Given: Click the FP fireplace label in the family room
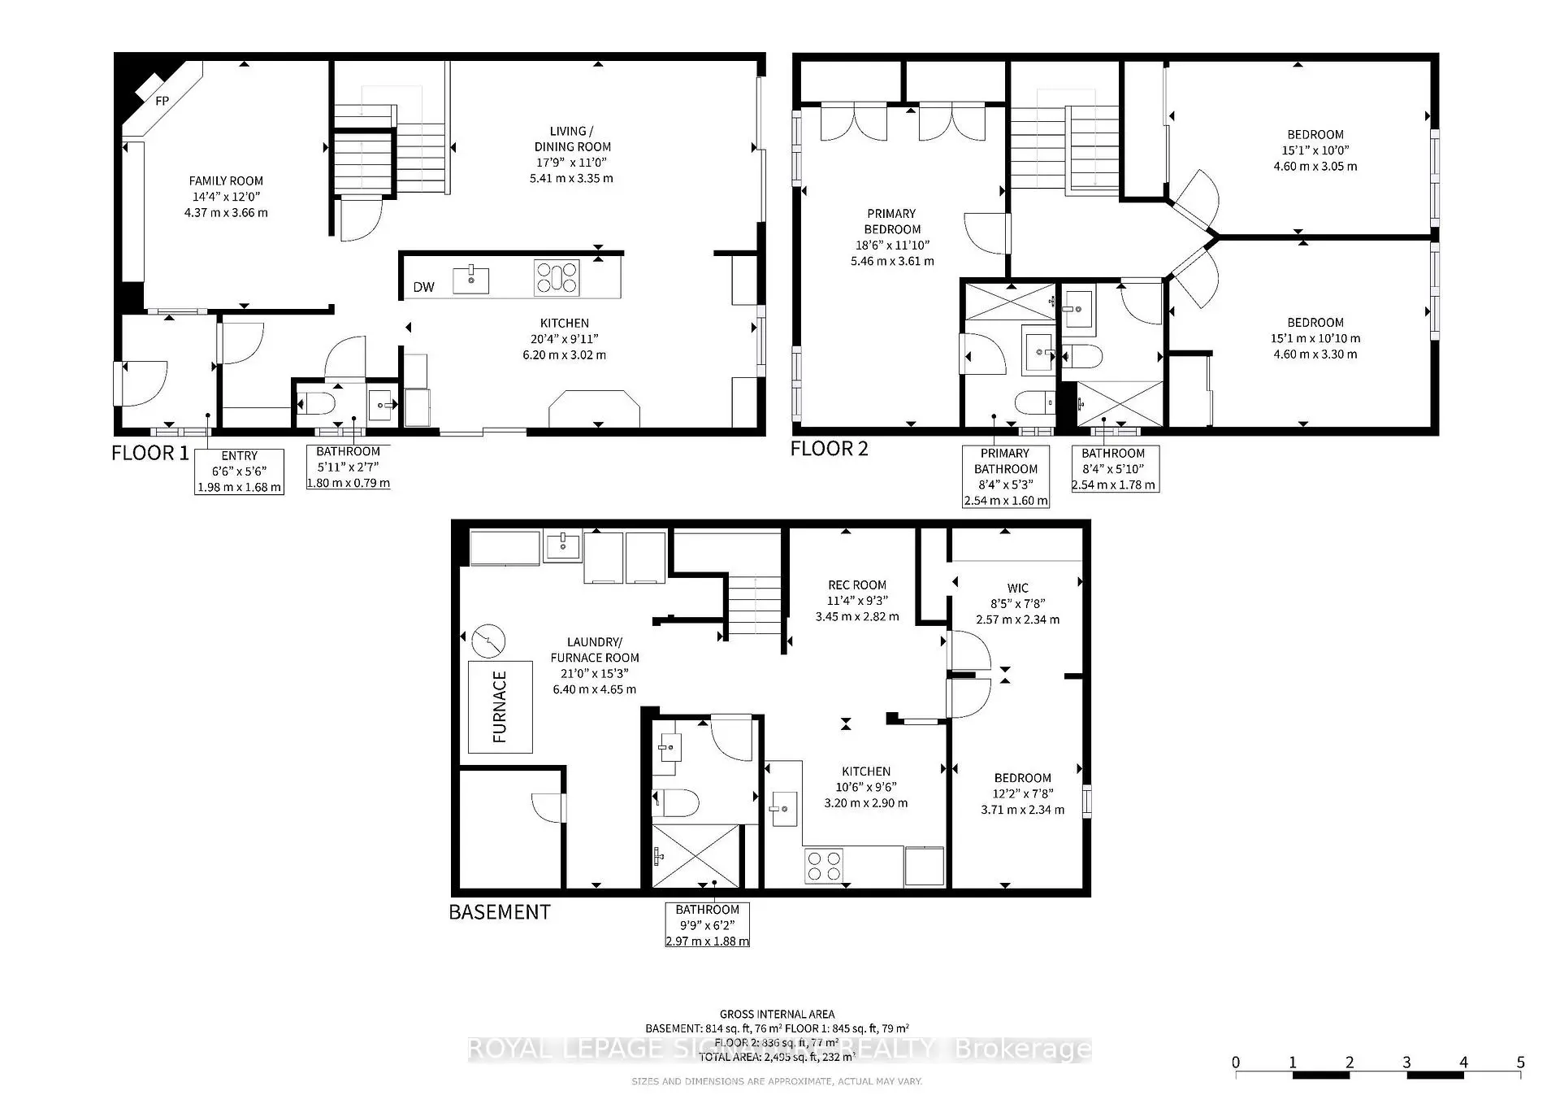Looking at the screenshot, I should coord(162,101).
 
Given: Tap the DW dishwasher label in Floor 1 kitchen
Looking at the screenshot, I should coord(423,286).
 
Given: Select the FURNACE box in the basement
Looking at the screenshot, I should coord(500,706).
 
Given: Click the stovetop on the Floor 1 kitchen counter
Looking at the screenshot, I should coord(557,277).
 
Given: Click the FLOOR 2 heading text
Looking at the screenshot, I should coord(829,449).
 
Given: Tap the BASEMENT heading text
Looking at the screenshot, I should coord(499,912).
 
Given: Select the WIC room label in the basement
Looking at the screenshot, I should coord(1017,588).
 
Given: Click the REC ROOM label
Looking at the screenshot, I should coord(856,585).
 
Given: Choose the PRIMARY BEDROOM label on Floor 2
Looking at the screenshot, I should coord(891,221).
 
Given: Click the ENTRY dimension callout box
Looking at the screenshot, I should coord(239,472).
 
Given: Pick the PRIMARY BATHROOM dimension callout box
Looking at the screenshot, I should coord(1005,476).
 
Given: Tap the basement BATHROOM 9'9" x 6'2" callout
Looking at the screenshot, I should coord(707,925).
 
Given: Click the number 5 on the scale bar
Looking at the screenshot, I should coord(1520,1062).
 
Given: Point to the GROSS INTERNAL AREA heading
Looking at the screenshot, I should coord(777,1014).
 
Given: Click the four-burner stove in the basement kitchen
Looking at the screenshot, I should coord(824,866).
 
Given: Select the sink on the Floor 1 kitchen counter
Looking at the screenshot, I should coord(471,279).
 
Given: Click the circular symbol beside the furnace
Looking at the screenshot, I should coord(487,641).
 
